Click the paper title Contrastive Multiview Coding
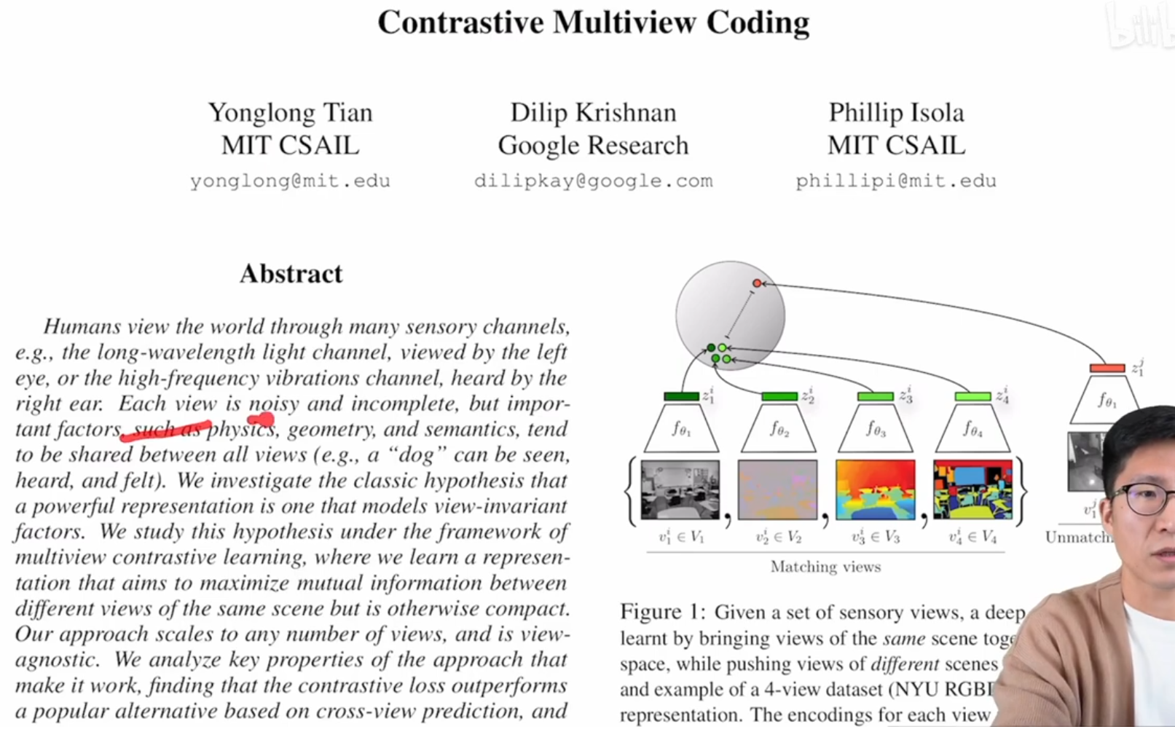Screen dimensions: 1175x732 (x=593, y=23)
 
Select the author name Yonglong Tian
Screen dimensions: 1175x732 (x=290, y=112)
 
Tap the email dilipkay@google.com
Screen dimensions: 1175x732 (x=593, y=181)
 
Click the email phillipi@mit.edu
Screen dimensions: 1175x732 (x=895, y=181)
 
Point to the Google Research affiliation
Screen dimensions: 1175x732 (x=593, y=145)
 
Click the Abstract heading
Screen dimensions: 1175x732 (x=291, y=274)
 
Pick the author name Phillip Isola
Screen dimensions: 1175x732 (x=896, y=112)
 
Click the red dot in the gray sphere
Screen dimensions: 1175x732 (x=757, y=283)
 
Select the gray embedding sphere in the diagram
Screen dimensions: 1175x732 (x=730, y=315)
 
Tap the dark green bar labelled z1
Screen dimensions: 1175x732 (x=681, y=397)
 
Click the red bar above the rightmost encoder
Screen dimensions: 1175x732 (x=1107, y=369)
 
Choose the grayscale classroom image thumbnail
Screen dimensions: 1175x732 (x=680, y=489)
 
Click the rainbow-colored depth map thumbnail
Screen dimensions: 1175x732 (x=875, y=489)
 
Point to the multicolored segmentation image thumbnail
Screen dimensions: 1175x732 (x=972, y=489)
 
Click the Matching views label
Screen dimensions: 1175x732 (x=825, y=567)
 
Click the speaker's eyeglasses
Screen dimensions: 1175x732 (x=1144, y=499)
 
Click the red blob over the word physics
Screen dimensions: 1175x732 (x=261, y=420)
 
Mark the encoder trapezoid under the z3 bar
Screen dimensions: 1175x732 (x=876, y=429)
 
